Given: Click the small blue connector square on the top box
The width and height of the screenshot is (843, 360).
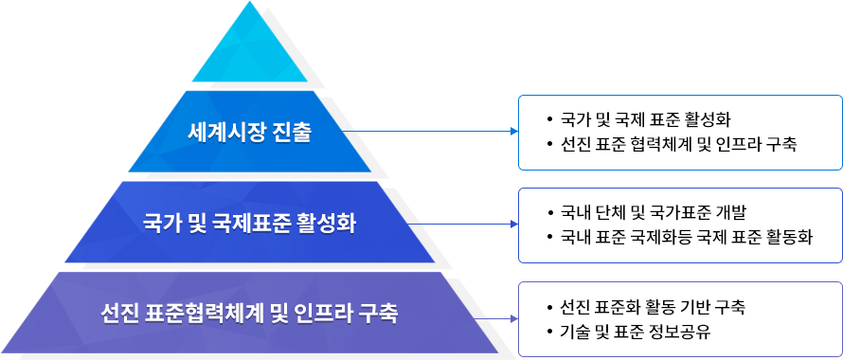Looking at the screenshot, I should [x=512, y=131].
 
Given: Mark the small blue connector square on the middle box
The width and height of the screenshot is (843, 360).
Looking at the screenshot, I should [x=512, y=225].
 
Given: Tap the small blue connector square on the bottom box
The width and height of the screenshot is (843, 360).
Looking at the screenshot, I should [x=512, y=318].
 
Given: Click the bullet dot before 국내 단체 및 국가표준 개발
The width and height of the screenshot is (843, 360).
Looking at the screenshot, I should [x=548, y=212].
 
